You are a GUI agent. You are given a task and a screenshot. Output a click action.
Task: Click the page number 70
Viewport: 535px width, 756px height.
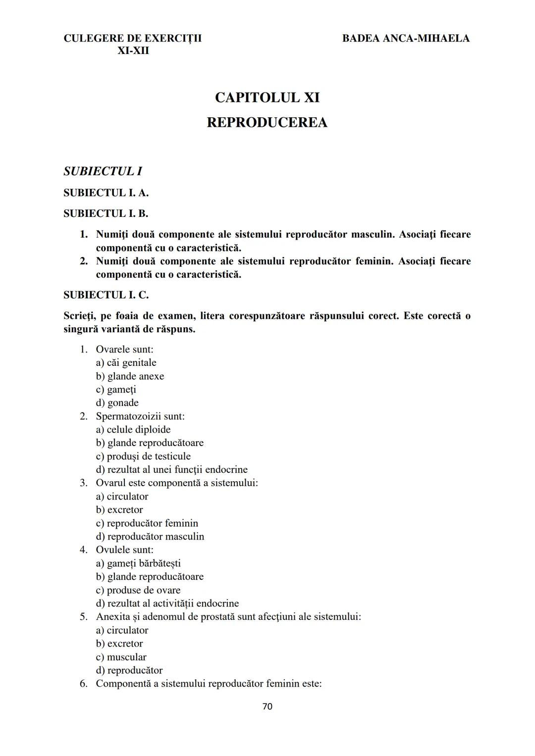click(267, 706)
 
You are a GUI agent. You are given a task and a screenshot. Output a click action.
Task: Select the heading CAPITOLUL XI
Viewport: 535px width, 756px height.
click(267, 98)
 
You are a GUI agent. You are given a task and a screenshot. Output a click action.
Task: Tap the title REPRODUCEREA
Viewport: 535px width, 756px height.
click(267, 122)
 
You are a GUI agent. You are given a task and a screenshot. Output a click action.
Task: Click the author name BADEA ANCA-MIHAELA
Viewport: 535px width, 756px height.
click(406, 38)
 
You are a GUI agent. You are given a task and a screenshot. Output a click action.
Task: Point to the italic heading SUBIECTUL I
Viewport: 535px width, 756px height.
click(103, 171)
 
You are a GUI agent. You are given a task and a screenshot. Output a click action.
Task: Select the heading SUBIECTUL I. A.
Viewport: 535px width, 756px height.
click(106, 193)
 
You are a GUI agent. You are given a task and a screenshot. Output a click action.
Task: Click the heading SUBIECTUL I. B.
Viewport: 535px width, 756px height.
click(106, 213)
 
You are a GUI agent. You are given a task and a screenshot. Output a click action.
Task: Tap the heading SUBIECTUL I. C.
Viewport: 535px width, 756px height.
click(106, 295)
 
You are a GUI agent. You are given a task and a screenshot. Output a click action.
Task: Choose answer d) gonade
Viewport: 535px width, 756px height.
click(117, 403)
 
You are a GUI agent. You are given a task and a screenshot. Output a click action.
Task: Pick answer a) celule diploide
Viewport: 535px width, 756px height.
click(133, 430)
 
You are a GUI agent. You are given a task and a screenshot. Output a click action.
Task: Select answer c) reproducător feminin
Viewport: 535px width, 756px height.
click(147, 523)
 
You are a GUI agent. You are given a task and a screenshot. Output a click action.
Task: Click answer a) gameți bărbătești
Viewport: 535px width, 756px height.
click(138, 563)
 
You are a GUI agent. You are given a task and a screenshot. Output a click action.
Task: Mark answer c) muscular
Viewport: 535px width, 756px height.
click(121, 657)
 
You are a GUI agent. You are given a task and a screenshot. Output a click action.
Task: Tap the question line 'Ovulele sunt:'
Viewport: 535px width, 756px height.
click(124, 550)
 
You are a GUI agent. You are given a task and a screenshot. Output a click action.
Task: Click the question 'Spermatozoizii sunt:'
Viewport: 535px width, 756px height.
click(140, 416)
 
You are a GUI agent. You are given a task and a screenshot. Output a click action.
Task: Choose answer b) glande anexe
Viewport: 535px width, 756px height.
click(130, 376)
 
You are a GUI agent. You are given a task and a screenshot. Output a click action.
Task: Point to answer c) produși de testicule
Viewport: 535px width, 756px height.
click(143, 456)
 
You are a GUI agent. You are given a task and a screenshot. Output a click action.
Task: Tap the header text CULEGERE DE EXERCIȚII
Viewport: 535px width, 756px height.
click(133, 38)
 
